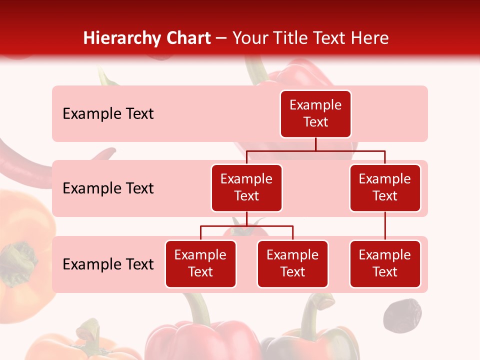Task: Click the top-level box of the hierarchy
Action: [315, 113]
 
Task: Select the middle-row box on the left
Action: [246, 187]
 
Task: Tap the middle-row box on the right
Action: [385, 187]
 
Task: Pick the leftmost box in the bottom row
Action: [200, 263]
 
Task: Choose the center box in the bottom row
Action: [292, 263]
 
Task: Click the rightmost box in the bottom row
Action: [385, 263]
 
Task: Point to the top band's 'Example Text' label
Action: [108, 114]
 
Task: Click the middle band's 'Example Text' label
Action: [108, 188]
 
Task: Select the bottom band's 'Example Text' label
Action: [108, 264]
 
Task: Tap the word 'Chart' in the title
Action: [188, 38]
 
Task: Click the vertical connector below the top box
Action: [315, 144]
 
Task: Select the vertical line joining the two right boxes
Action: [385, 226]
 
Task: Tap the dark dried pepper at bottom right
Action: [402, 315]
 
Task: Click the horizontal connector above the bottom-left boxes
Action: [246, 226]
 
